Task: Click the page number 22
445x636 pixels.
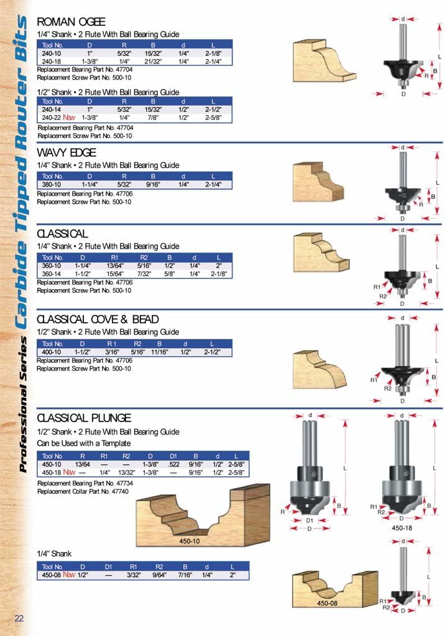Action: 19,617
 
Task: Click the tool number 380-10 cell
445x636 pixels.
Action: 52,185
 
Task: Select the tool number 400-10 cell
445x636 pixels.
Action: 52,351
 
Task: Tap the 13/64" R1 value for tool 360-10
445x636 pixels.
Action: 115,265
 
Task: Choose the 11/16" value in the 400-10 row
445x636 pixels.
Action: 160,351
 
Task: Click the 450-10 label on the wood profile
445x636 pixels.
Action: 190,541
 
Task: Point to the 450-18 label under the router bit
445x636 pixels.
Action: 401,527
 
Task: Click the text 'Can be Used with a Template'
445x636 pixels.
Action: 84,443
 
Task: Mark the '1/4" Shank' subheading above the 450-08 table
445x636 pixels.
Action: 54,553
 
